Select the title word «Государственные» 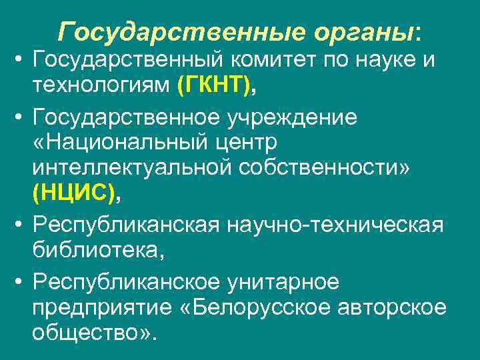173,31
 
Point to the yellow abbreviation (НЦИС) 74,194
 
